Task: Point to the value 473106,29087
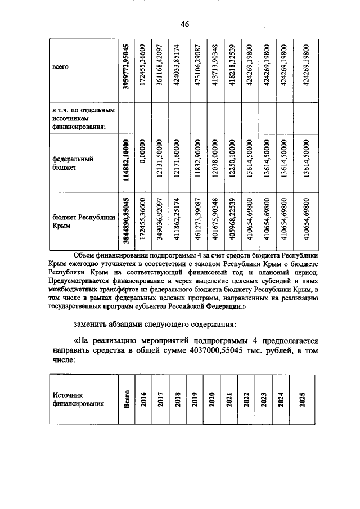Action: click(x=197, y=66)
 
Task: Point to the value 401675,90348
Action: click(x=214, y=221)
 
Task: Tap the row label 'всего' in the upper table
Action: click(x=60, y=67)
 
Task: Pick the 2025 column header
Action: click(x=303, y=399)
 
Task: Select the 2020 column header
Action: click(x=212, y=399)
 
